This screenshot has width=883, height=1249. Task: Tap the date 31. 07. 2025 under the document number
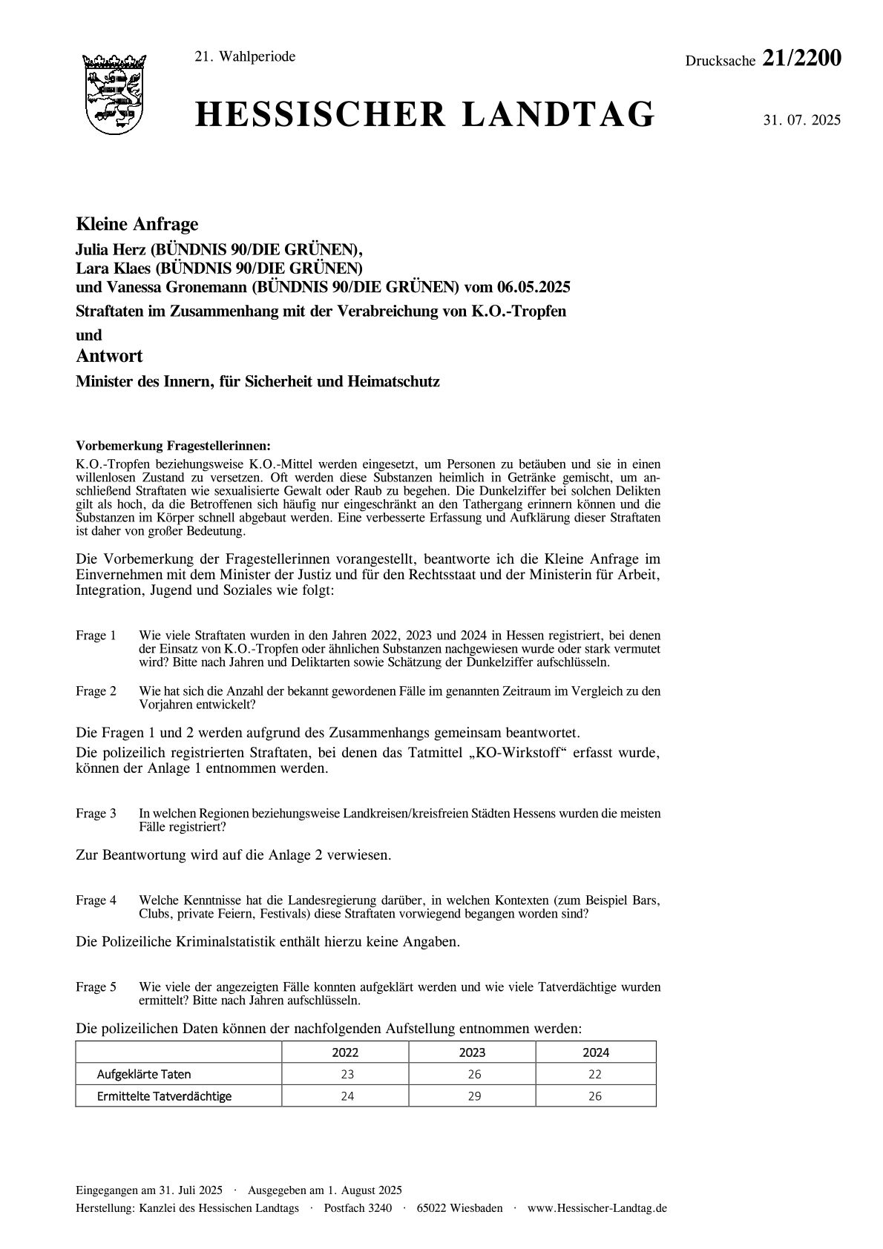[801, 120]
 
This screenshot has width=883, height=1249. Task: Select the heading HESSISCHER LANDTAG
[425, 116]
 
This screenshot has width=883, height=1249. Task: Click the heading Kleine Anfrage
[137, 224]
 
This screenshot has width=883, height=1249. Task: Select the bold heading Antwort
[109, 356]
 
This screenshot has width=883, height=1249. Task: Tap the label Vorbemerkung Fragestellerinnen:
[173, 446]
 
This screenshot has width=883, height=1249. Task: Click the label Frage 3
[96, 814]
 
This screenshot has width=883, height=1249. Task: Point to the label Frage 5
[96, 987]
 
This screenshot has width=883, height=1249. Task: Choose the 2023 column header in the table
[472, 1052]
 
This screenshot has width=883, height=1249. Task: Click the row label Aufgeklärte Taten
[144, 1074]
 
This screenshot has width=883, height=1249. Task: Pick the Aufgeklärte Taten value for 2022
[347, 1074]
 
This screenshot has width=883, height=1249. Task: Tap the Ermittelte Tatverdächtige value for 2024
[595, 1096]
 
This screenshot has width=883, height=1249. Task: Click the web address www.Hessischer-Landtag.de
[597, 1208]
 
